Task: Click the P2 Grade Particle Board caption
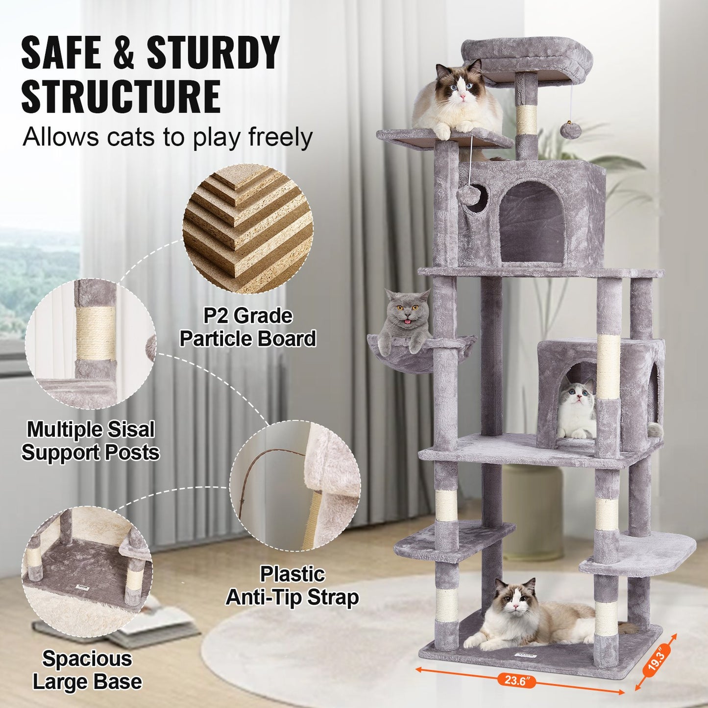248,327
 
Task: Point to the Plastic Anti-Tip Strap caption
293,586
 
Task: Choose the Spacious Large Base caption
87,670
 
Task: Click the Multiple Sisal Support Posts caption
91,440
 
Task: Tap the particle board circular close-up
248,229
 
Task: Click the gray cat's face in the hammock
405,312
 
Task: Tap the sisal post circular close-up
91,344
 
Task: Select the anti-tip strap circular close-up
295,485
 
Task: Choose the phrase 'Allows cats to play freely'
168,137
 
